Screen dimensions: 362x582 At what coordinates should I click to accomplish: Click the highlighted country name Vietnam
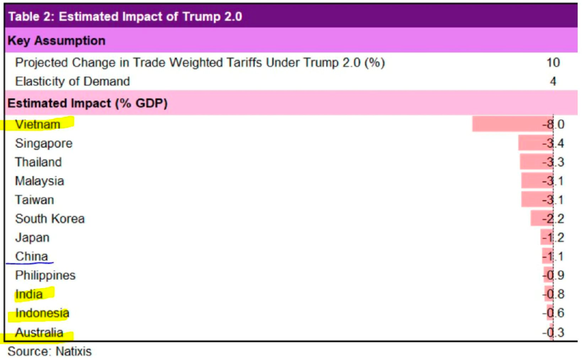[x=38, y=124]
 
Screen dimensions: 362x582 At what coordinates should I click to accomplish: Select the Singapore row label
[x=44, y=143]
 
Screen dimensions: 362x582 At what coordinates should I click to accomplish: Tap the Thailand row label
[x=38, y=162]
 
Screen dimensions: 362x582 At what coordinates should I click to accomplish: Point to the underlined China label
[x=32, y=256]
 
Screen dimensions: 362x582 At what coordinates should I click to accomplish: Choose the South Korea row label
[x=50, y=219]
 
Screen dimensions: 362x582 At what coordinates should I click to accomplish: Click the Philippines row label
[x=45, y=275]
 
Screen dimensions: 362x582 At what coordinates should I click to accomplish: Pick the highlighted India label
[x=29, y=294]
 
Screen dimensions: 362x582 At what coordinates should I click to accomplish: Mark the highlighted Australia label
[x=39, y=333]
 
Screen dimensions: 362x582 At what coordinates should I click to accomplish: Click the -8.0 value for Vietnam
[x=553, y=124]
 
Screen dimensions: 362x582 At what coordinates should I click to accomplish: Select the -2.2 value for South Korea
[x=553, y=219]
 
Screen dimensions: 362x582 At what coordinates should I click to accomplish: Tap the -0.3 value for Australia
[x=553, y=333]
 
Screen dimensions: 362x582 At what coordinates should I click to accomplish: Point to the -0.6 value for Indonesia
[x=553, y=313]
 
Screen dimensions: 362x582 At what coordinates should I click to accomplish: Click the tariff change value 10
[x=553, y=63]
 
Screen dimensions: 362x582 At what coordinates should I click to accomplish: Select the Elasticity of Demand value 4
[x=553, y=82]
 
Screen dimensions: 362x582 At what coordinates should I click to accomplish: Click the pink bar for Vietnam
[x=507, y=124]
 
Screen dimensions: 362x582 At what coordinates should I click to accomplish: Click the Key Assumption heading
[x=57, y=41]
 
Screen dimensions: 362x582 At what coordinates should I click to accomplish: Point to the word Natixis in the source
[x=74, y=352]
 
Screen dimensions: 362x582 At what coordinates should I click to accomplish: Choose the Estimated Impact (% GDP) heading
[x=87, y=103]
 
